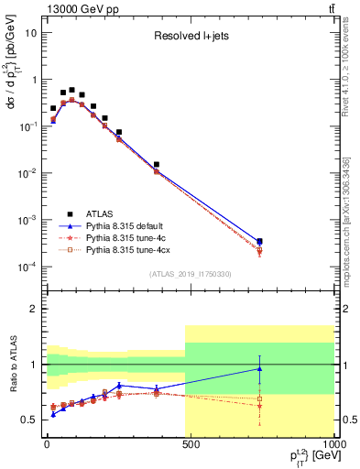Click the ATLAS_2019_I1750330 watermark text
tap(190, 274)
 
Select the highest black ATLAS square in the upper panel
tap(71, 90)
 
